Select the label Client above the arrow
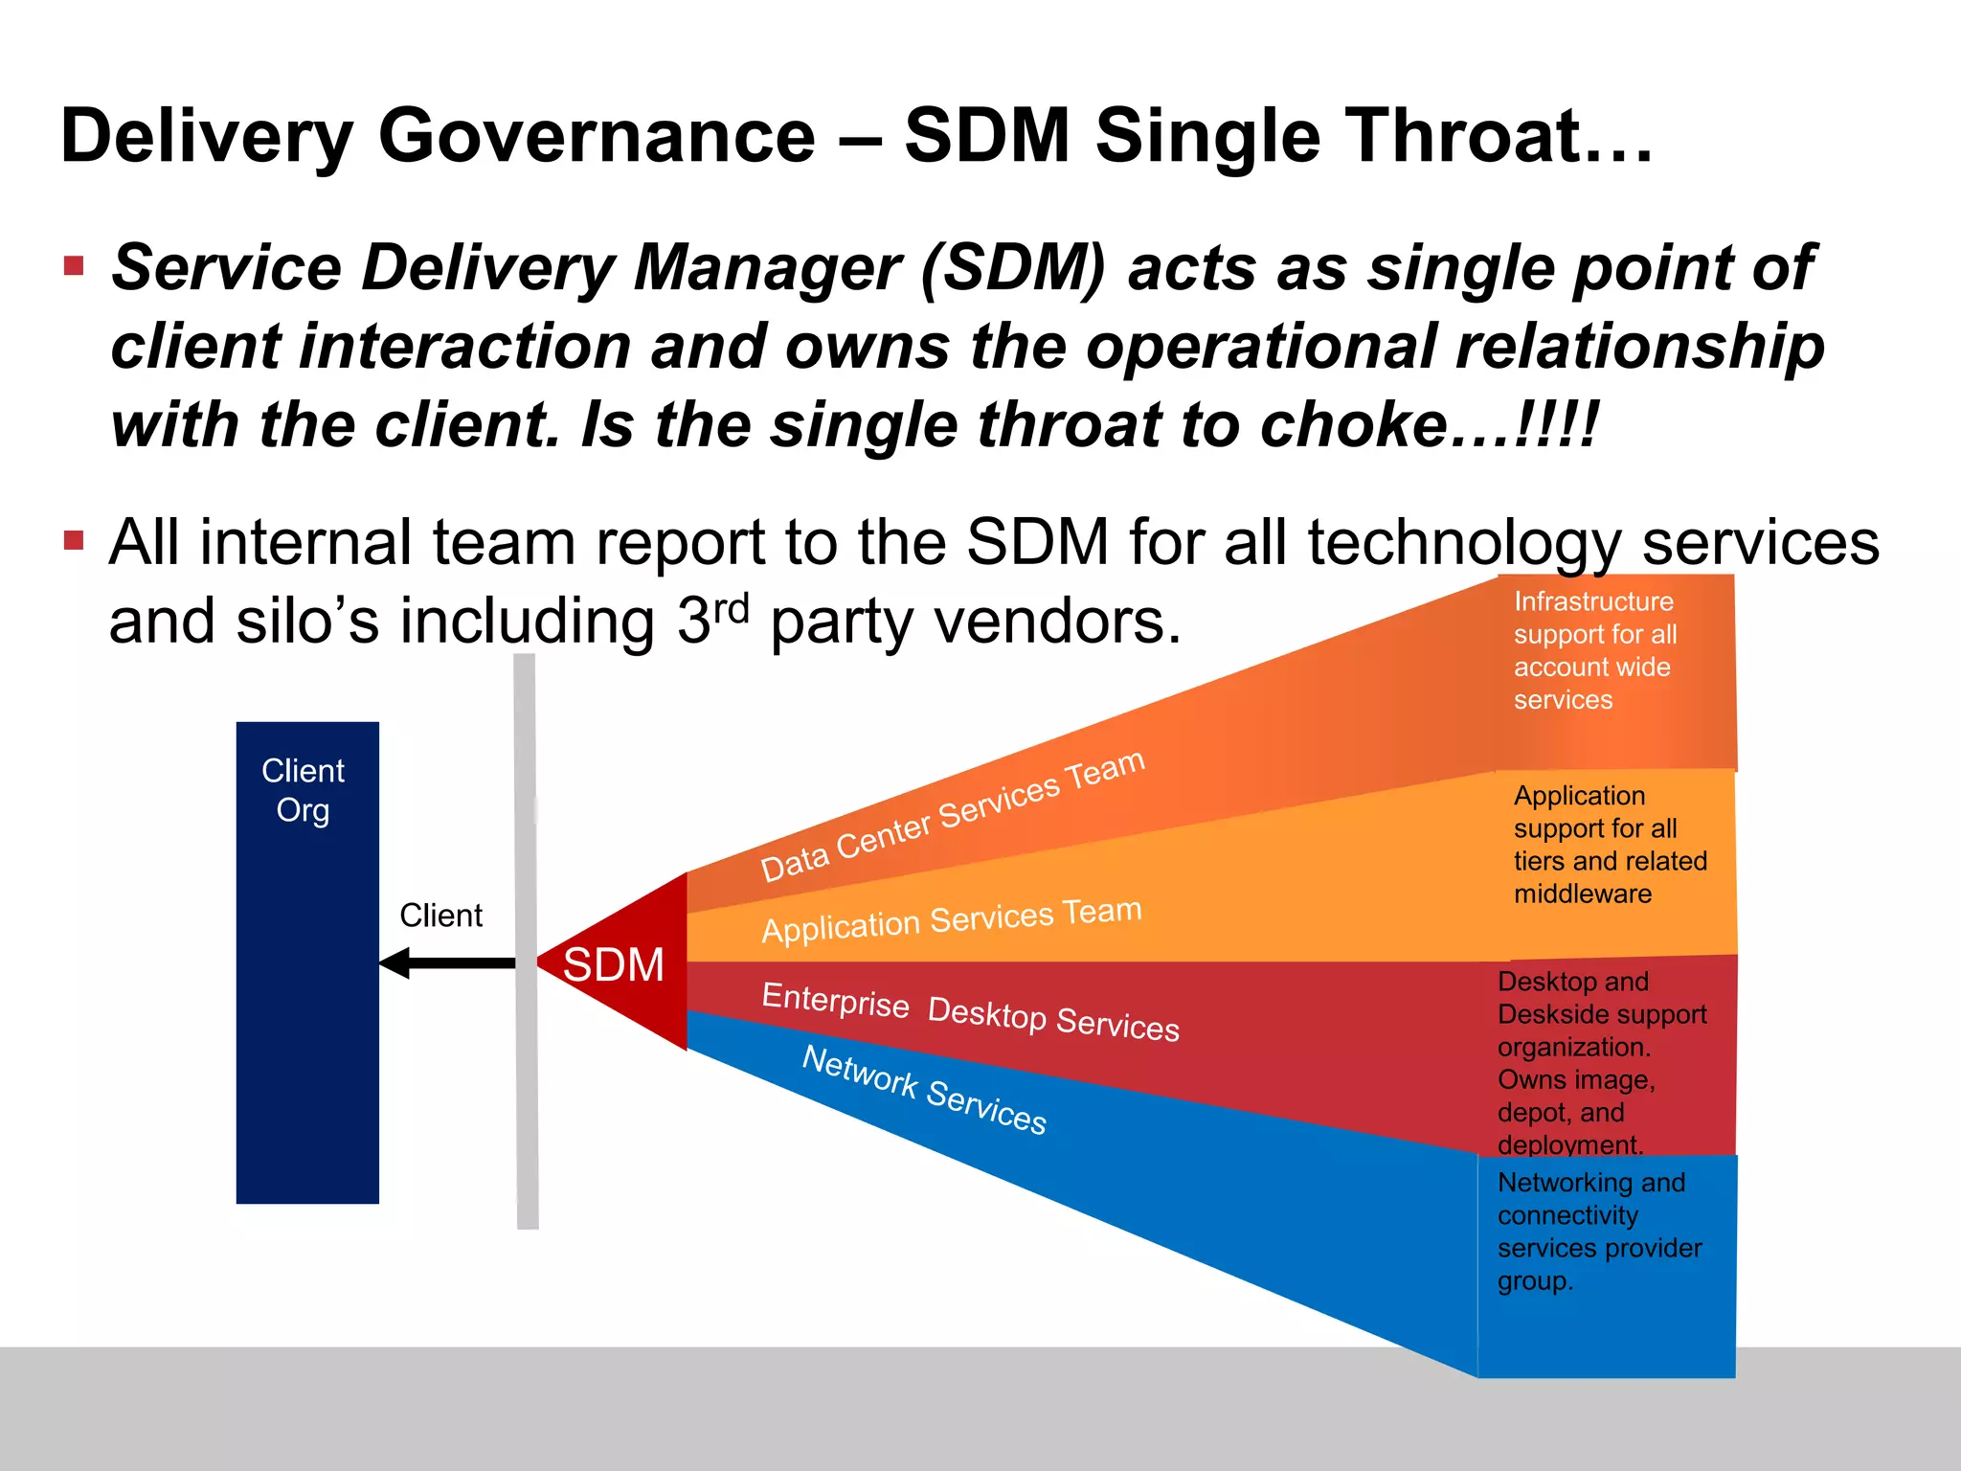pos(440,916)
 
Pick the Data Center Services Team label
pos(952,816)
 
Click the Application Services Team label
pos(951,919)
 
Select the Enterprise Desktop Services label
pos(969,1011)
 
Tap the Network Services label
pos(924,1090)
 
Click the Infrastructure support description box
pos(1595,651)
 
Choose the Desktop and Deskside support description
pos(1601,1062)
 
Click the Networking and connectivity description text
pos(1599,1232)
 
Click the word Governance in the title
pos(597,136)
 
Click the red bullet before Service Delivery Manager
pos(75,265)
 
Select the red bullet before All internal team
pos(75,541)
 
